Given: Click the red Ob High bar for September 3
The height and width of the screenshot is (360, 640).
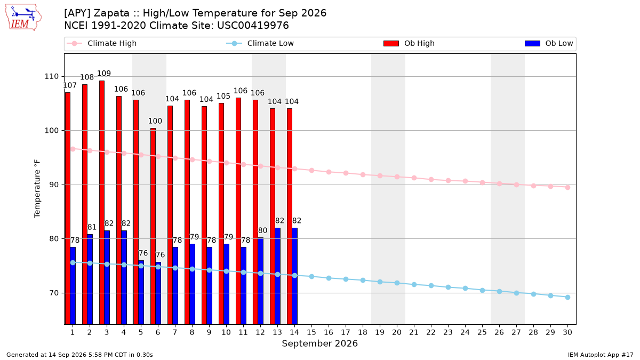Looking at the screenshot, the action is click(102, 202).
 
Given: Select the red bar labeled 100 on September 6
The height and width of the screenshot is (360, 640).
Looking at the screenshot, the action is click(153, 226).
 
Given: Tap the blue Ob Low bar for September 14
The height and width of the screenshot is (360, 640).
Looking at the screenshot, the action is click(294, 276).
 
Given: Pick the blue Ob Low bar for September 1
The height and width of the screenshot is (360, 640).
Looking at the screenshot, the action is click(73, 286).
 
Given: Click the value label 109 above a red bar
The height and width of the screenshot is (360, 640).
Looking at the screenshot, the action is click(103, 74).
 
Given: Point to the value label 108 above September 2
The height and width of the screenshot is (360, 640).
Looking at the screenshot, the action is click(87, 77).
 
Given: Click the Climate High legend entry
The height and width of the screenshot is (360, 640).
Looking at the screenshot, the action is click(102, 43).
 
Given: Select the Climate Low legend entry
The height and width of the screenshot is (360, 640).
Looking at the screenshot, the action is click(260, 43).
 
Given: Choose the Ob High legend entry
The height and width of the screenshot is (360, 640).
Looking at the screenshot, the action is click(409, 43).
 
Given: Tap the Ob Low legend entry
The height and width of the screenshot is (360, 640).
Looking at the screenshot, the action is click(549, 43).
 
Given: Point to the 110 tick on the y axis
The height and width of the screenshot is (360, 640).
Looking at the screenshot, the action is click(51, 77).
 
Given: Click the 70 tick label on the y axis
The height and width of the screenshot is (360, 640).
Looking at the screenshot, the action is click(54, 293).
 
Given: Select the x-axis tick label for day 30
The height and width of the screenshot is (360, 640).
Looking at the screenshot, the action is click(567, 332).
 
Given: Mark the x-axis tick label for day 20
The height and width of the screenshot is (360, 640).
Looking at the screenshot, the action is click(397, 332).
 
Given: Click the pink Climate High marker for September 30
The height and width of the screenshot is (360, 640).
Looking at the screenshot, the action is click(567, 187).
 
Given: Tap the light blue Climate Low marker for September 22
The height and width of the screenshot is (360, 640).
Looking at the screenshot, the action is click(431, 285).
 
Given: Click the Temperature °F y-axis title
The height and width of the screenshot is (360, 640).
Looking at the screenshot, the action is click(37, 189).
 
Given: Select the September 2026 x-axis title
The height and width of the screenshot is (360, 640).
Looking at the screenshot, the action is click(319, 343).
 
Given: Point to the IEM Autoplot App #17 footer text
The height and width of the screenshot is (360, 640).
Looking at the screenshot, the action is click(601, 355).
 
